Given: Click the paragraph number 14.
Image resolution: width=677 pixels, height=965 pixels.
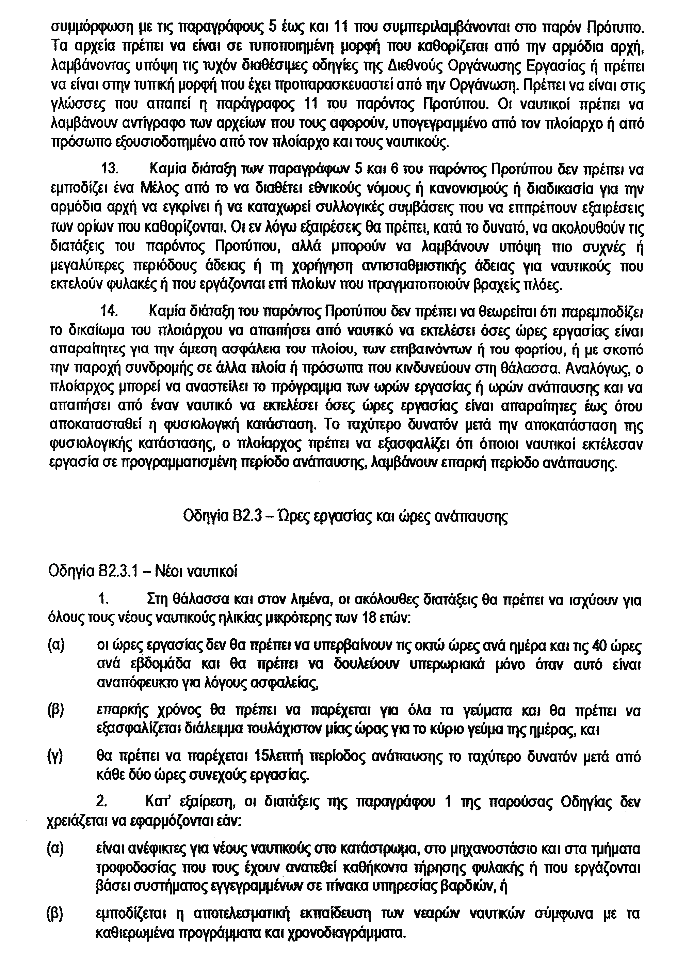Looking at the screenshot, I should click(x=109, y=312).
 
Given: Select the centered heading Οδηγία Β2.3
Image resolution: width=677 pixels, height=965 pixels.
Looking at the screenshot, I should click(x=345, y=516).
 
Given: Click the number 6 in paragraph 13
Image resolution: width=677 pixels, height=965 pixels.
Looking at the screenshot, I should click(x=393, y=171).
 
